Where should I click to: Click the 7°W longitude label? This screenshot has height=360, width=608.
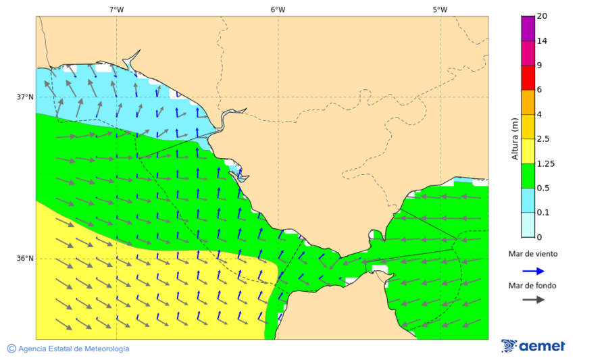point(116,9)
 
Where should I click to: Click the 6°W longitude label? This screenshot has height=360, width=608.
point(278,9)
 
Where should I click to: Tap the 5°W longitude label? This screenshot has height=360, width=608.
point(440,9)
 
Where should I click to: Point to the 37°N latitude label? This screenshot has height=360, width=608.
point(25,97)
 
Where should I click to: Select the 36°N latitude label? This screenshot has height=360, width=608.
point(25,259)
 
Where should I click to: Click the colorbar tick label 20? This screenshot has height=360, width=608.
point(541,16)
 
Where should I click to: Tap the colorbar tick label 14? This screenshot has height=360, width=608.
point(541,41)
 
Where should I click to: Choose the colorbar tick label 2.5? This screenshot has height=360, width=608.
point(542,139)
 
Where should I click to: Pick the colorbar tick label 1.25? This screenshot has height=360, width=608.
point(544,163)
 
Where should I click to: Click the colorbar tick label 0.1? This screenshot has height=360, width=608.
point(542,213)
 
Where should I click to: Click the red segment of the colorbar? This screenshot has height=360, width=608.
point(528,78)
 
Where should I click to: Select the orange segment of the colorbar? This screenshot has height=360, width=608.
point(528,102)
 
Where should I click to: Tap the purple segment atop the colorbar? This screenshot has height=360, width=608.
point(528,28)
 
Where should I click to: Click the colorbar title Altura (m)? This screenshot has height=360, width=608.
point(515,139)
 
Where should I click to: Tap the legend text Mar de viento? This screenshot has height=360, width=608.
point(533,254)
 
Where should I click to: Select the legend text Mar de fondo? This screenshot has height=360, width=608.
point(533,286)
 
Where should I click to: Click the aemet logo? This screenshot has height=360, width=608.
point(534,346)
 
